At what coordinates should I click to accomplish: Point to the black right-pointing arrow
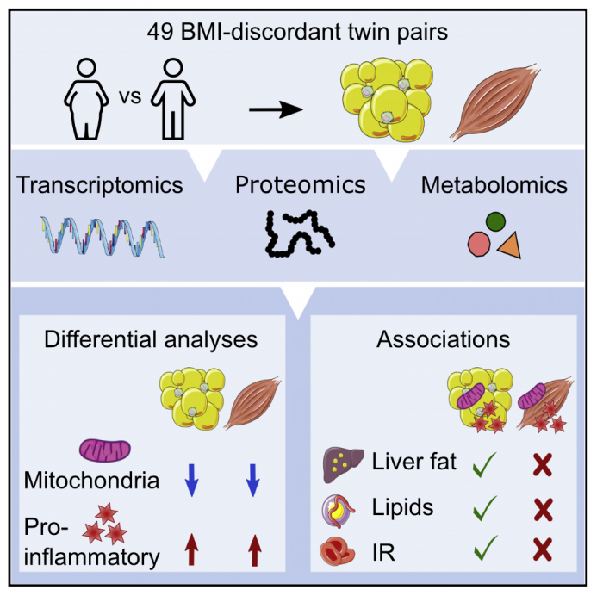point(276,109)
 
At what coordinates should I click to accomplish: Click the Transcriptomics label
point(100,185)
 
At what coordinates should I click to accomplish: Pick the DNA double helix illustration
point(103,237)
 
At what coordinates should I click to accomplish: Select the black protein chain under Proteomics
point(298,235)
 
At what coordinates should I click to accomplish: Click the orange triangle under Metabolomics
point(509,246)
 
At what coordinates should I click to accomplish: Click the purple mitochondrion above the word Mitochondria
point(105,450)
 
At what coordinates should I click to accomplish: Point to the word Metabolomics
point(494,185)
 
